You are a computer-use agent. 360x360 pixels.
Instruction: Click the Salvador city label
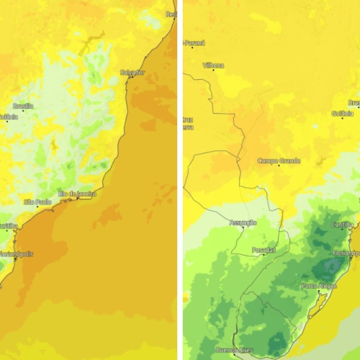click(132, 72)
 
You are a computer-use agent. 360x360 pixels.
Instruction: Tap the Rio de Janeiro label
click(78, 193)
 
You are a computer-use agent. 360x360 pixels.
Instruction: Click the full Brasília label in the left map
click(23, 106)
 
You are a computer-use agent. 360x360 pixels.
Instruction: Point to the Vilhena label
click(213, 65)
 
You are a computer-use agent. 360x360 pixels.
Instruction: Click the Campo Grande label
click(279, 161)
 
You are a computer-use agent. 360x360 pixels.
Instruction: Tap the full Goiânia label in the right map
click(343, 113)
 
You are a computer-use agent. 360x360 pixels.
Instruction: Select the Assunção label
click(243, 222)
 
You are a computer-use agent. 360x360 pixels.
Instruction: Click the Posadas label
click(263, 250)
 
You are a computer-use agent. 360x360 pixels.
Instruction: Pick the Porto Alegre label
click(318, 286)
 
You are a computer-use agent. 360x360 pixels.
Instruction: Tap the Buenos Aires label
click(235, 350)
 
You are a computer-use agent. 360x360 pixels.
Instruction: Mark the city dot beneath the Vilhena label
click(213, 70)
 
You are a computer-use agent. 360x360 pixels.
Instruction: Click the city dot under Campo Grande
click(279, 166)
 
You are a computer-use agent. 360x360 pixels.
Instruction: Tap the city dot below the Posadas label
click(263, 255)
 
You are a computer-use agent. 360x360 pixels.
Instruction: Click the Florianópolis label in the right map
click(346, 253)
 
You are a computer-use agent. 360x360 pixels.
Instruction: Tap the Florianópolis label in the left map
click(16, 253)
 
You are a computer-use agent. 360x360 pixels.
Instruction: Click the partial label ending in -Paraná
click(194, 43)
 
